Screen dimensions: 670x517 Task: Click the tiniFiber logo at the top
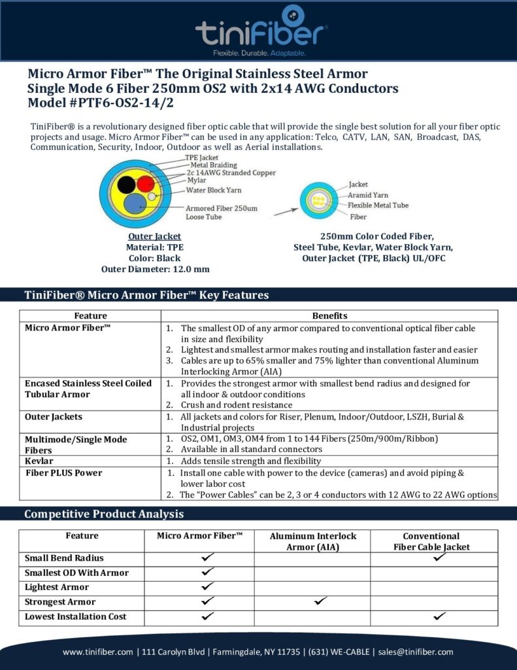pyautogui.click(x=261, y=29)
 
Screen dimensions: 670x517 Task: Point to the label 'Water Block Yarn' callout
pyautogui.click(x=214, y=190)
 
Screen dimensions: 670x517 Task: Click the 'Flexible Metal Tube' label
pyautogui.click(x=378, y=205)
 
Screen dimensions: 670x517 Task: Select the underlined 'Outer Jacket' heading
pyautogui.click(x=154, y=236)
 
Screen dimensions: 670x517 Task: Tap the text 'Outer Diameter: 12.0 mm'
pyautogui.click(x=155, y=268)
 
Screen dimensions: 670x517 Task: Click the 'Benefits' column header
pyautogui.click(x=329, y=316)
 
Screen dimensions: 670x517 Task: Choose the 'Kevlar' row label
pyautogui.click(x=39, y=461)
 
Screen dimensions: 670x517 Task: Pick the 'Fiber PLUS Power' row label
pyautogui.click(x=63, y=473)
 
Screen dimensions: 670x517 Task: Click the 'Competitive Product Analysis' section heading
pyautogui.click(x=104, y=514)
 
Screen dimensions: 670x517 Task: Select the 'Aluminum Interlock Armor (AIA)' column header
pyautogui.click(x=312, y=541)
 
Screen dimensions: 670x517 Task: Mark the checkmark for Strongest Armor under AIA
pyautogui.click(x=320, y=601)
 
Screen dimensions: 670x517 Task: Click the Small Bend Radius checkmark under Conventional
pyautogui.click(x=439, y=557)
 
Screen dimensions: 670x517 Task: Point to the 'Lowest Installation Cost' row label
pyautogui.click(x=76, y=616)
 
